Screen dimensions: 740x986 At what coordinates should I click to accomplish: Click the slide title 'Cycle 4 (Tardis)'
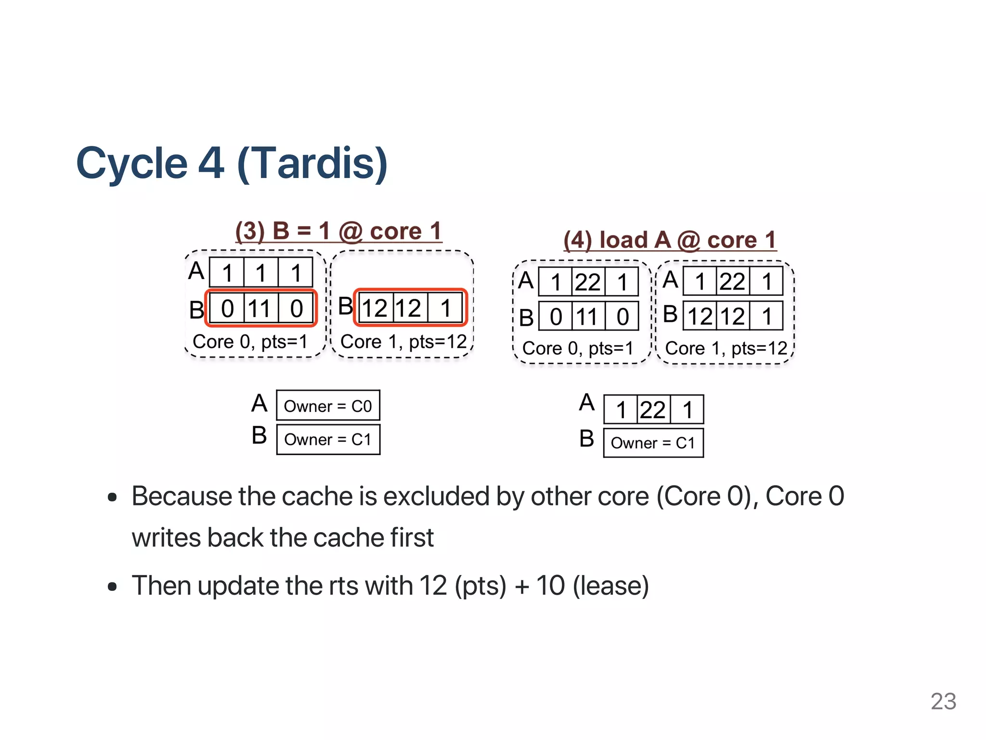point(232,163)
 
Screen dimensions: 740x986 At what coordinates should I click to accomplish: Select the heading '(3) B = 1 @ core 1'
point(338,231)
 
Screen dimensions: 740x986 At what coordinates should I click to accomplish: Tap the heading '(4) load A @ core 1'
point(670,240)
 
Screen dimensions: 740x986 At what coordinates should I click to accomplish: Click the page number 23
point(943,701)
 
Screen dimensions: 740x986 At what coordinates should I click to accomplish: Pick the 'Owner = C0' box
point(328,406)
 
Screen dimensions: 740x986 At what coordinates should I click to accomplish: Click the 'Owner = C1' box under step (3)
point(328,439)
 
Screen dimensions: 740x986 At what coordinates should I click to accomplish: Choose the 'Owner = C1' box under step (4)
point(653,443)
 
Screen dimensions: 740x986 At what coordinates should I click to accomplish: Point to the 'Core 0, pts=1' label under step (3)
point(250,342)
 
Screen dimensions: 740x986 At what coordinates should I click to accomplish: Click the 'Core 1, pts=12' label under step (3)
point(403,342)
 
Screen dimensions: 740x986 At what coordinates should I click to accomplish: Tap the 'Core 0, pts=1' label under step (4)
point(578,348)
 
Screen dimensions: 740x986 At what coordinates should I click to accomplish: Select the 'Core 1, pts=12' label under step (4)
point(726,348)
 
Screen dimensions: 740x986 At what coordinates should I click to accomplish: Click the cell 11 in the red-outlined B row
point(260,308)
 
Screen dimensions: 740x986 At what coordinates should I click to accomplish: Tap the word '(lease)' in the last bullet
point(610,586)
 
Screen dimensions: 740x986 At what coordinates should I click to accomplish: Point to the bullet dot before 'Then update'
point(112,587)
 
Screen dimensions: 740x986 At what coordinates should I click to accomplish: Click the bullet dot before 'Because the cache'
point(112,497)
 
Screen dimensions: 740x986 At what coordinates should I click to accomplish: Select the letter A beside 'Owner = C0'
point(259,403)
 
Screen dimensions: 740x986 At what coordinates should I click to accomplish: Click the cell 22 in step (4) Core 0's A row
point(587,282)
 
